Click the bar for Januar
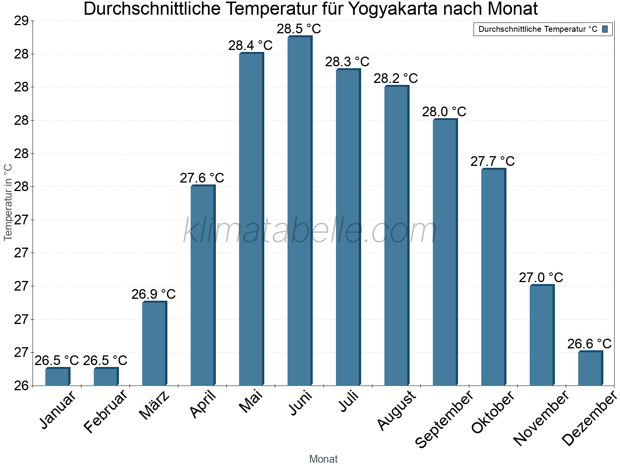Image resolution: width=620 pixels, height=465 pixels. pos(57,377)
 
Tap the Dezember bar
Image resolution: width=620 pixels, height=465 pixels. pos(590,369)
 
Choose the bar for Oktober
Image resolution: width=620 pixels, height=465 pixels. pos(493,277)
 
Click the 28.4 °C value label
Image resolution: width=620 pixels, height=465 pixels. pos(250,45)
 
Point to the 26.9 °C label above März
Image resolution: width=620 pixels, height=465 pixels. pos(153,294)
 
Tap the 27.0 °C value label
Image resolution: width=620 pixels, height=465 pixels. pos(541,277)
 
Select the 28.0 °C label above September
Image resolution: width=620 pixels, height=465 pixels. pos(444,112)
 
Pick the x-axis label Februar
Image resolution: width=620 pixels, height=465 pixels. pos(105,412)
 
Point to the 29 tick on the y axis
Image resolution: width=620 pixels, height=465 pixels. pos(21,21)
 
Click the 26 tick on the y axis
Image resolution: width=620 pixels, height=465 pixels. pos(21,386)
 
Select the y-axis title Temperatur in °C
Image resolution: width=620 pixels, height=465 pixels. pos(8,202)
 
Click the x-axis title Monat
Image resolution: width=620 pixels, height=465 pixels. pos(323,459)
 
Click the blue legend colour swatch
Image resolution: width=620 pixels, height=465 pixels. pos(605,29)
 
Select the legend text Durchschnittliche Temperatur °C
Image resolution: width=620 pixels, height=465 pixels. pos(538,29)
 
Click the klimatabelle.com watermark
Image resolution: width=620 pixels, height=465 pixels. pos(310,231)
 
